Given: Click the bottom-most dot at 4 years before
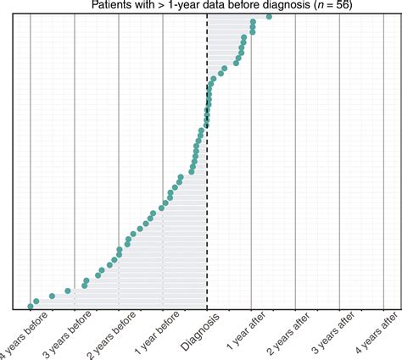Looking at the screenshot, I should pos(31,306).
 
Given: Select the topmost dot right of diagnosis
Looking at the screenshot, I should pos(269,17).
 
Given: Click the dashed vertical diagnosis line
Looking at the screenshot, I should pos(207,212).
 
